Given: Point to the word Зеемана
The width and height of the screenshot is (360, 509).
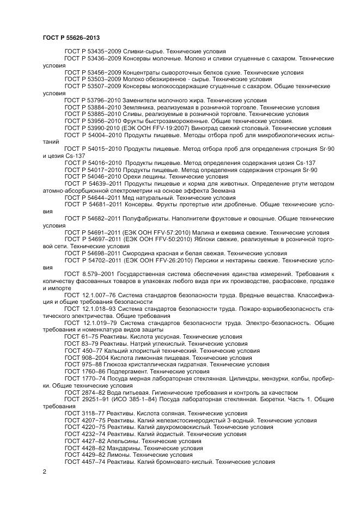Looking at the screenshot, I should point(221,191).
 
